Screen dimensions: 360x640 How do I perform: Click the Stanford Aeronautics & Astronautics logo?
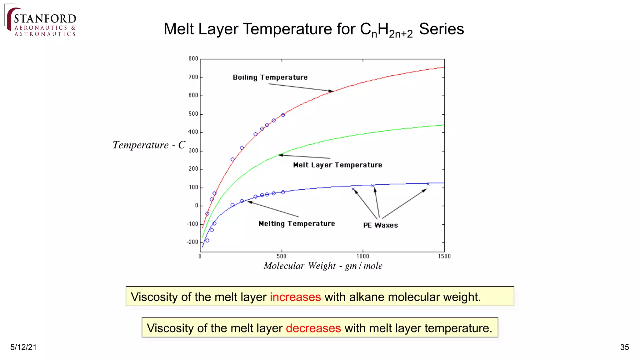click(41, 22)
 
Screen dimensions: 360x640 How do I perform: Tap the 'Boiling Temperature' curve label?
click(270, 77)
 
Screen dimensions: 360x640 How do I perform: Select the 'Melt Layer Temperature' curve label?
click(337, 165)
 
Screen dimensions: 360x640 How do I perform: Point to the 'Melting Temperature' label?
click(297, 224)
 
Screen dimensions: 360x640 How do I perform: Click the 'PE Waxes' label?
click(380, 225)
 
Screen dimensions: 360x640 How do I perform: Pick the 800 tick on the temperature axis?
click(193, 59)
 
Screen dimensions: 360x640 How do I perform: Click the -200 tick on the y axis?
click(192, 242)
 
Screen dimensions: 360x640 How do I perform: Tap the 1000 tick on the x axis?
click(363, 256)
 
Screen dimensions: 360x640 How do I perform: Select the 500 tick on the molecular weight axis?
click(282, 256)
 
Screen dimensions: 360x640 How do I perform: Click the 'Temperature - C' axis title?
click(149, 145)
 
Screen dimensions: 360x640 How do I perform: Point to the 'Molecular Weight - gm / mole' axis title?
click(323, 266)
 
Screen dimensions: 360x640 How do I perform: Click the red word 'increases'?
click(295, 297)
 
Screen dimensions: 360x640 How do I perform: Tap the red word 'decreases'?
click(313, 328)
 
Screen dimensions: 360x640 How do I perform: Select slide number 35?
click(624, 347)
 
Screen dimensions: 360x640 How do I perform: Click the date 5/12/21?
click(23, 347)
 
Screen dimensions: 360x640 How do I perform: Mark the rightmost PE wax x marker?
click(428, 184)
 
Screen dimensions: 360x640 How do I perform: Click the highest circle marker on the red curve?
click(283, 115)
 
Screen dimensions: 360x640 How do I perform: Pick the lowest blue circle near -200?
click(207, 240)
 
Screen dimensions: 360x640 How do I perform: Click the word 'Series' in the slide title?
click(441, 29)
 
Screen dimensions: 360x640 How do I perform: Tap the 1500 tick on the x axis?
click(444, 256)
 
